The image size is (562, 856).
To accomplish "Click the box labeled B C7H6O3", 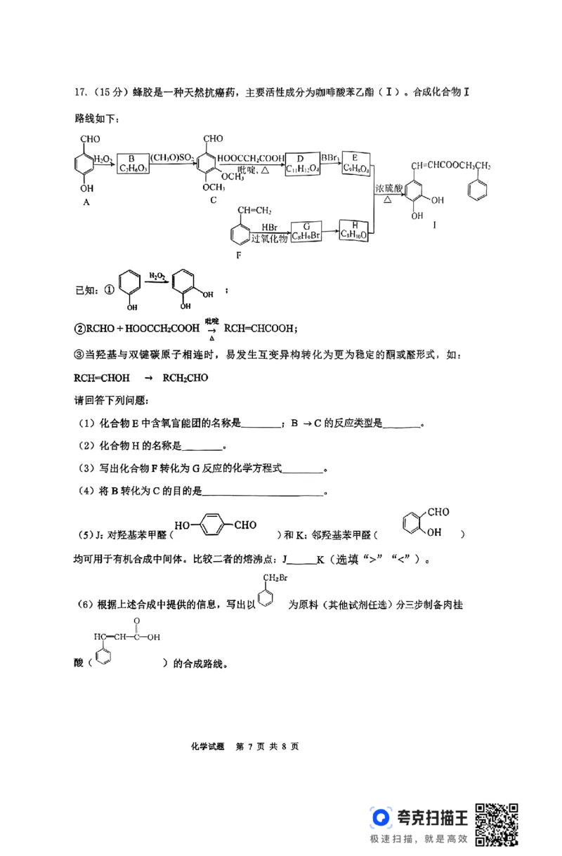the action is click(131, 164).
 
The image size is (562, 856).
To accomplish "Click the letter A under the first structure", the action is click(86, 202).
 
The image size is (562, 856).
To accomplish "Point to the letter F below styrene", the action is click(239, 256).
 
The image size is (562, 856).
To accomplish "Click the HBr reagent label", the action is click(269, 227).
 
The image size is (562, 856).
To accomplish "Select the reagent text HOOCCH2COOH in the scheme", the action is click(251, 157).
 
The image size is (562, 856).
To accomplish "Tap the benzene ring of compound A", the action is click(86, 168).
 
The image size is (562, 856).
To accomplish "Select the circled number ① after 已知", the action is click(108, 290).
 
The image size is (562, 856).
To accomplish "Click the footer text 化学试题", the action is click(207, 746).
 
